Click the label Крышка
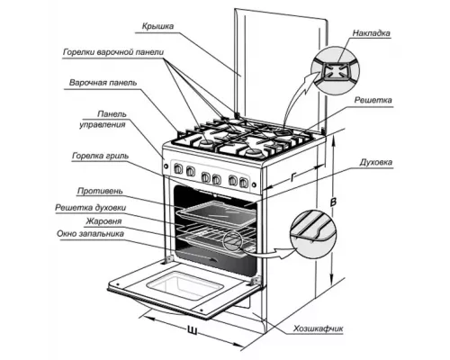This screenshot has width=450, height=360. pyautogui.click(x=157, y=26)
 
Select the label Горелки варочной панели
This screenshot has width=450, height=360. pyautogui.click(x=113, y=52)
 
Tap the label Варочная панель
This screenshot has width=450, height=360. pyautogui.click(x=103, y=83)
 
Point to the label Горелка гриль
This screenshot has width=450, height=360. pyautogui.click(x=100, y=156)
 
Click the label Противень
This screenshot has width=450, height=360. pyautogui.click(x=100, y=191)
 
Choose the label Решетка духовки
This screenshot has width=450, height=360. pyautogui.click(x=91, y=208)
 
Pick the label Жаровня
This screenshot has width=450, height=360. pyautogui.click(x=103, y=221)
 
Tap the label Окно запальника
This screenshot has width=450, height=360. pyautogui.click(x=90, y=234)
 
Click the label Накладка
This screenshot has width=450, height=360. pyautogui.click(x=372, y=32)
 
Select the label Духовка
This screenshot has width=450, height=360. pyautogui.click(x=376, y=162)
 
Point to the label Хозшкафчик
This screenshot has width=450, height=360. pyautogui.click(x=319, y=328)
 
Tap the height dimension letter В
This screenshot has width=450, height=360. pyautogui.click(x=333, y=202)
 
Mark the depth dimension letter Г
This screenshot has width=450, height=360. pyautogui.click(x=293, y=177)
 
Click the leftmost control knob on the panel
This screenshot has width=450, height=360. pyautogui.click(x=178, y=169)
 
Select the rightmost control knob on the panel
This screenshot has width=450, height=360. pyautogui.click(x=244, y=182)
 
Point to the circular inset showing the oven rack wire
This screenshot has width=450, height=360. pyautogui.click(x=313, y=233)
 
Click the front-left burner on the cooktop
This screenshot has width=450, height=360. pyautogui.click(x=206, y=145)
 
